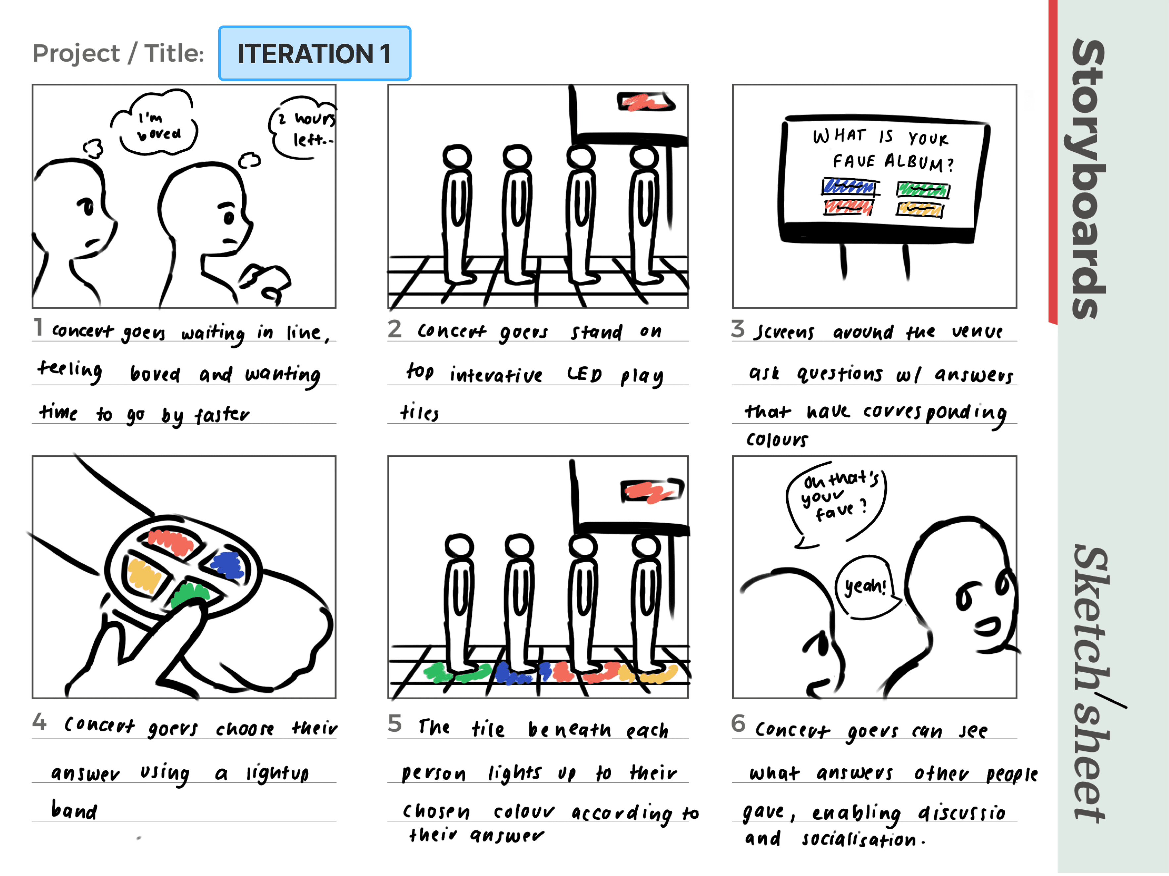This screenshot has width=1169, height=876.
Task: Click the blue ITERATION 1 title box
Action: click(x=315, y=53)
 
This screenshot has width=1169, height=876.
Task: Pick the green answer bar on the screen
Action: click(x=923, y=189)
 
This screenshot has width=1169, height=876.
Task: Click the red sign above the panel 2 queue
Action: click(x=645, y=101)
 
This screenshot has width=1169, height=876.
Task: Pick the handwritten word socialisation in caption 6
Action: click(x=859, y=839)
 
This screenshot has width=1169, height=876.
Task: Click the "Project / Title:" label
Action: click(x=119, y=53)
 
